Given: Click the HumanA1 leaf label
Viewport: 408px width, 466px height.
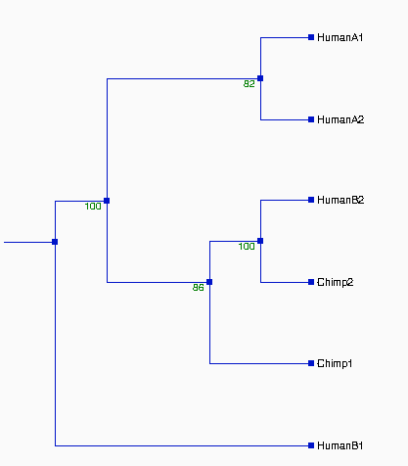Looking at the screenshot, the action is (340, 37).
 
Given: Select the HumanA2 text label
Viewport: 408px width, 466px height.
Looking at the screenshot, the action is (340, 119).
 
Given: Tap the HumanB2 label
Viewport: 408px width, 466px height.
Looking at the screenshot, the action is (340, 200).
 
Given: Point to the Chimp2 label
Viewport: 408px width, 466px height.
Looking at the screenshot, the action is (336, 282).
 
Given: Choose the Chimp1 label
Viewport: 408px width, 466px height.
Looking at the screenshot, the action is (335, 363).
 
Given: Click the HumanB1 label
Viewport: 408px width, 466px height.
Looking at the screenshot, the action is (340, 445).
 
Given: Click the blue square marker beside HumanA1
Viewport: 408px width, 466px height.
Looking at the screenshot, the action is (311, 37).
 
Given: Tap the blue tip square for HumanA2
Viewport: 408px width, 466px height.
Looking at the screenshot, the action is (311, 119).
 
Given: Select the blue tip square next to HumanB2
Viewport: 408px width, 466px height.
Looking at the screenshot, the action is (311, 200).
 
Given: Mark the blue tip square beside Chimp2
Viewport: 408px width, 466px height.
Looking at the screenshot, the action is (311, 282).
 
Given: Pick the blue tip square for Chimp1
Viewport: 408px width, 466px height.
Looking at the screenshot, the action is (311, 363).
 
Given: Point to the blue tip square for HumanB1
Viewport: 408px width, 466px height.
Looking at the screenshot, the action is (311, 445).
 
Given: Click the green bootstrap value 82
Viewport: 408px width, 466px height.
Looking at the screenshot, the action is (249, 84).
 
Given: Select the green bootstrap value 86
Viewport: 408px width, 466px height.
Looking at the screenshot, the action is (198, 288).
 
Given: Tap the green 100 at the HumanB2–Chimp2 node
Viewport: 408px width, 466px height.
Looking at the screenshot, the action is (247, 247).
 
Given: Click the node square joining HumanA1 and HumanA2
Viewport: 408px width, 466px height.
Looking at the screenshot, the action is (260, 78).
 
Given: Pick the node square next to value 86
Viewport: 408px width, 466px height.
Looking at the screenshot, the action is (209, 282).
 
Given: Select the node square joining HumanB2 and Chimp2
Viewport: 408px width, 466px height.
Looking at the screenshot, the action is (260, 241).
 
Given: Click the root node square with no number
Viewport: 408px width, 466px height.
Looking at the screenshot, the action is (55, 242).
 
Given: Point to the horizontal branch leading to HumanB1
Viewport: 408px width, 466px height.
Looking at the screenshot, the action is (182, 445).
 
